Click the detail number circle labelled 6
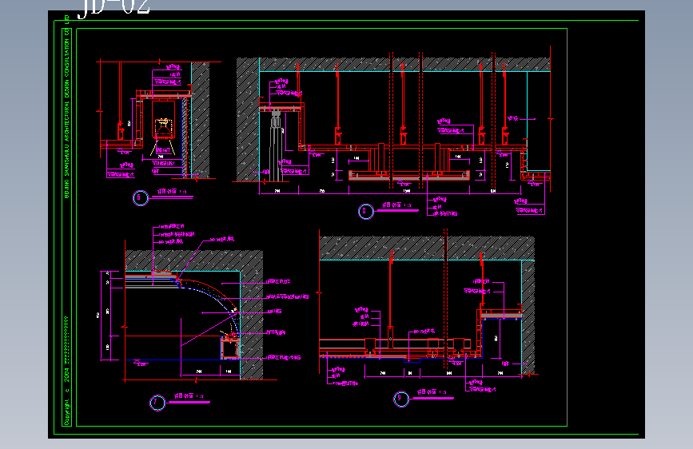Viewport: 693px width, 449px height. click(x=141, y=197)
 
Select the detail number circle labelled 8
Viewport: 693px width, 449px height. click(x=366, y=211)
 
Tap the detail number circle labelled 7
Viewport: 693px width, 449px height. click(x=157, y=403)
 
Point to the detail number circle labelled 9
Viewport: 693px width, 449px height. click(x=400, y=399)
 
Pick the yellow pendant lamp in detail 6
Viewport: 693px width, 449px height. click(x=163, y=125)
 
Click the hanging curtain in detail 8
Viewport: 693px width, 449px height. click(x=276, y=144)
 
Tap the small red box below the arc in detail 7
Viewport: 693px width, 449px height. click(x=230, y=345)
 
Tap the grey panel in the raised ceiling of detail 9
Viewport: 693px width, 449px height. click(x=500, y=316)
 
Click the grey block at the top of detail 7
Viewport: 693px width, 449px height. click(x=162, y=276)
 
